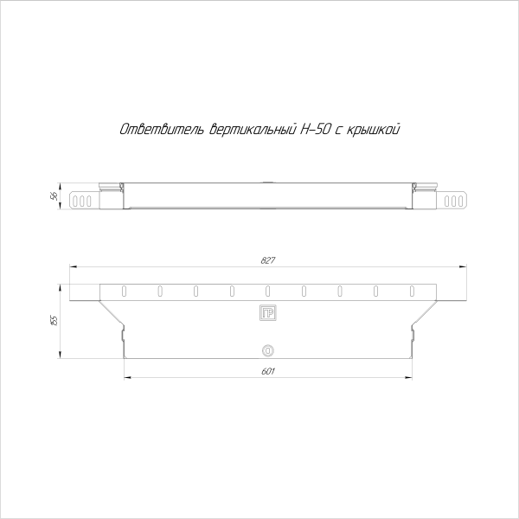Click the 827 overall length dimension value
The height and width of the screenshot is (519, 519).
point(267,260)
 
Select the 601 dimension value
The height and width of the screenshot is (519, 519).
point(267,371)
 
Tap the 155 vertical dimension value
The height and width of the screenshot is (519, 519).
point(54,320)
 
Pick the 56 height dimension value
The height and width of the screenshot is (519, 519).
point(54,196)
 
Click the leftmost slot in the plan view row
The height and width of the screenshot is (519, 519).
point(124,290)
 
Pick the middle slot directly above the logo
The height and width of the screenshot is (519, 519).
point(267,290)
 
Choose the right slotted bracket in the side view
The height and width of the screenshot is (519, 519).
point(454,201)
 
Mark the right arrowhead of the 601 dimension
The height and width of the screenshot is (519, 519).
point(409,377)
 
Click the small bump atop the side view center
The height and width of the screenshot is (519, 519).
point(267,182)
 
